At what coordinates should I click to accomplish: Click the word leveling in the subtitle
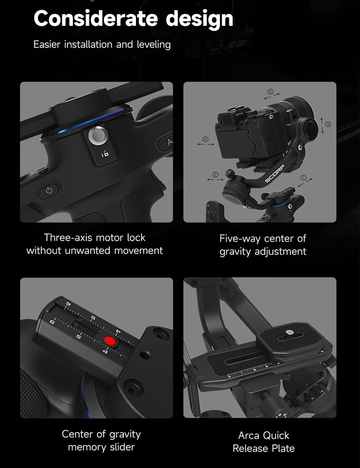pyautogui.click(x=154, y=45)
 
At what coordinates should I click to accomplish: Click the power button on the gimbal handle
pyautogui.click(x=49, y=191)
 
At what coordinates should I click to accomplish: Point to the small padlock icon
pyautogui.click(x=105, y=154)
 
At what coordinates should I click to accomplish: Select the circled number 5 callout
pyautogui.click(x=270, y=92)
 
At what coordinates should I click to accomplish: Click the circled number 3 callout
pyautogui.click(x=328, y=124)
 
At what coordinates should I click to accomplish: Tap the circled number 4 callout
pyautogui.click(x=206, y=139)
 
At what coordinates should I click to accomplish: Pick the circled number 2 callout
pyautogui.click(x=215, y=175)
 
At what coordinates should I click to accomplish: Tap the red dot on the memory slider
pyautogui.click(x=109, y=341)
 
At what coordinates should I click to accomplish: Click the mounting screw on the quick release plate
pyautogui.click(x=289, y=333)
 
